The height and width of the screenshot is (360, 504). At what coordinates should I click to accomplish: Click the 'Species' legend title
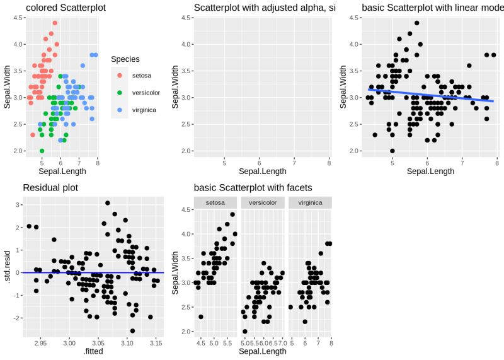click(x=125, y=59)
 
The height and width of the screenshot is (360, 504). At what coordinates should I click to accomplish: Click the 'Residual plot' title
click(x=50, y=187)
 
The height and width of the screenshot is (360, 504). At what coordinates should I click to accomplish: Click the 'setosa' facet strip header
click(x=215, y=202)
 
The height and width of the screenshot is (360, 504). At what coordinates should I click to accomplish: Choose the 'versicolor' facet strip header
click(x=263, y=202)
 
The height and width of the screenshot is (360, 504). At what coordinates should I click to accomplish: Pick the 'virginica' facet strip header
click(x=310, y=202)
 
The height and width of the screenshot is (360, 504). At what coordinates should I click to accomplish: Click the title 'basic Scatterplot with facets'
click(x=253, y=187)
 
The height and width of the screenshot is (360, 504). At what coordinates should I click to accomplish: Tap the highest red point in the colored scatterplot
click(x=55, y=23)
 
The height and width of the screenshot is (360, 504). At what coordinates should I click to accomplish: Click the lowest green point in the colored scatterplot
click(x=42, y=151)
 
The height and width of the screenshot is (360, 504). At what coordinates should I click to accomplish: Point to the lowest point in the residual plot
click(x=132, y=330)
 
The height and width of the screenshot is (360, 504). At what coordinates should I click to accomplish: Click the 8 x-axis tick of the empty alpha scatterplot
click(x=329, y=163)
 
